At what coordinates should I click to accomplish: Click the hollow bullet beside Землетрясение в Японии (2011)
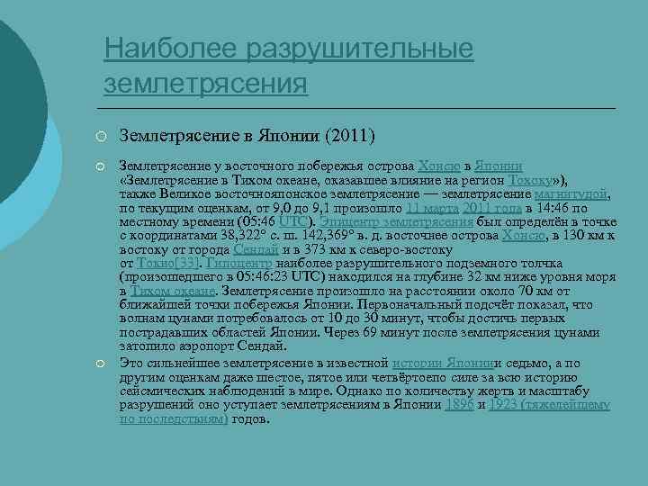[x=104, y=137]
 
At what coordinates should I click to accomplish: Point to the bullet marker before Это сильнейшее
[x=104, y=362]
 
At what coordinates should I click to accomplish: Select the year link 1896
[x=459, y=404]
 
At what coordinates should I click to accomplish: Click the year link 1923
[x=505, y=404]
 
